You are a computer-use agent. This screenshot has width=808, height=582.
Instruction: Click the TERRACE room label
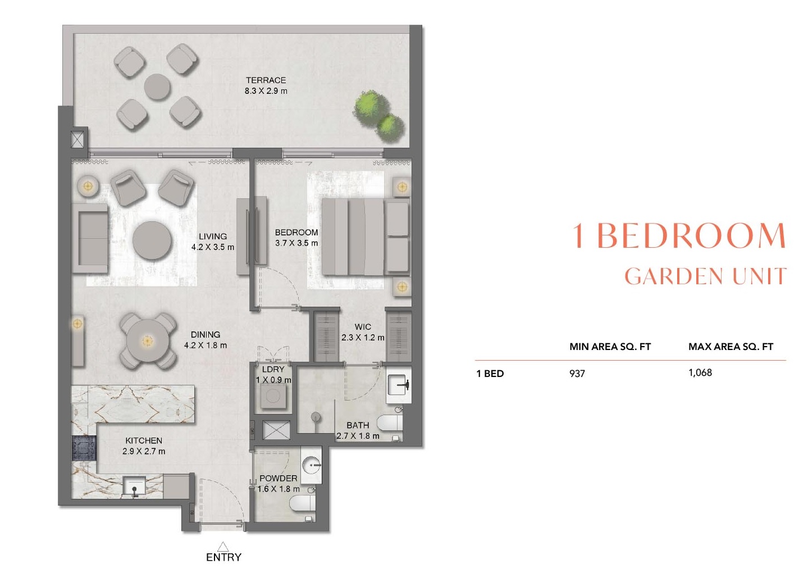coord(266,80)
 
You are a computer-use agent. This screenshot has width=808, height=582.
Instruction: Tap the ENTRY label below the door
coord(223,557)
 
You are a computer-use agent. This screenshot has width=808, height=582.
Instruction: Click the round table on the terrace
coord(157,87)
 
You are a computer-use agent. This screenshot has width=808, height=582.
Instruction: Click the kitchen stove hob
coord(84,449)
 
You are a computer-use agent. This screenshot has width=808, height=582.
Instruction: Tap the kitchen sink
coord(135,487)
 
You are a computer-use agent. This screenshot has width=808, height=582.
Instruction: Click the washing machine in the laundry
coord(273,397)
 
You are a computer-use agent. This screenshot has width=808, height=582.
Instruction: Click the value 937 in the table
coord(577,374)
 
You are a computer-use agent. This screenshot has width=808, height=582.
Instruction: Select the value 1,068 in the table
coord(700,372)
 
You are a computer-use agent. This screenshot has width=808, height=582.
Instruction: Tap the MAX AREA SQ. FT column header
coord(731,347)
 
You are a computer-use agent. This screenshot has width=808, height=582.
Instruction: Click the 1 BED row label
coord(490,374)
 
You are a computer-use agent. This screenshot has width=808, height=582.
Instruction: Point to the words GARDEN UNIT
coord(705,276)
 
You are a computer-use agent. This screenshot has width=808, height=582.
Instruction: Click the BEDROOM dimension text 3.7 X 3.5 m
coord(296,243)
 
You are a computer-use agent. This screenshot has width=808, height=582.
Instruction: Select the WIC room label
coord(363,326)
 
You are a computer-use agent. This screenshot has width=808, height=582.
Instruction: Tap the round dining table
coord(147,340)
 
